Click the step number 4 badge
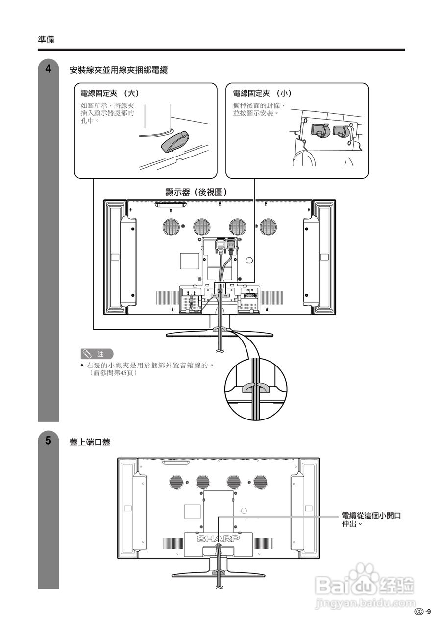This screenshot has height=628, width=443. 48,69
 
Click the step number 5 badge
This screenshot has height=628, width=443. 48,440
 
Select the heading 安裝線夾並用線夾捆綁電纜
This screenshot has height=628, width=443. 119,70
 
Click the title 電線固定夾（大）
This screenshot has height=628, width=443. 110,93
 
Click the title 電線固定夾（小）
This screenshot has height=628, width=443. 262,93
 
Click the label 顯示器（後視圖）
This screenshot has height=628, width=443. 197,192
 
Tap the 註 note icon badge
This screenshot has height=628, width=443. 97,354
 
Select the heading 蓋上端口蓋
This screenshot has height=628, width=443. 90,442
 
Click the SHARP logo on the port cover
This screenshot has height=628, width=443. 219,539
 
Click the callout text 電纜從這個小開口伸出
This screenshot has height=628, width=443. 371,520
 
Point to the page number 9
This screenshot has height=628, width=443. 429,611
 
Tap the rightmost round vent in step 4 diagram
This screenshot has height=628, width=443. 268,226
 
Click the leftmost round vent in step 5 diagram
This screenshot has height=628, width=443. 177,482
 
